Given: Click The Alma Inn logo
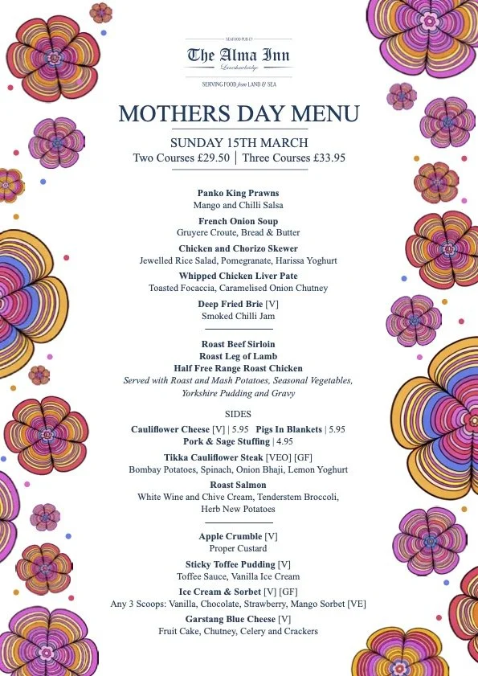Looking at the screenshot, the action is point(239,55).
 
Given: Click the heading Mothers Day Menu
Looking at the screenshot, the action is point(239,113).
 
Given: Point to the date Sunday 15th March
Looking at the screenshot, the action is point(239,142).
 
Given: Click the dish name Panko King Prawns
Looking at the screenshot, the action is point(239,194).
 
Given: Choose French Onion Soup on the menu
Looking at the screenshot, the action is point(239,221).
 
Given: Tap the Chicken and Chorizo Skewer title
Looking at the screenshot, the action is point(239,249).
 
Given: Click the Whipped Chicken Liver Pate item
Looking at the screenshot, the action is point(239,277).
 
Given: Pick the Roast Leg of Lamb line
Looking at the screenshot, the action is point(239,356).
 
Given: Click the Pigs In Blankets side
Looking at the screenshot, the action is point(291,430).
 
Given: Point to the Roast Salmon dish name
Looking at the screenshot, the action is point(239,485).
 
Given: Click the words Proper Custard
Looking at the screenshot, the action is point(239,548).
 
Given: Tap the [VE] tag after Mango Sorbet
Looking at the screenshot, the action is point(357,604).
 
